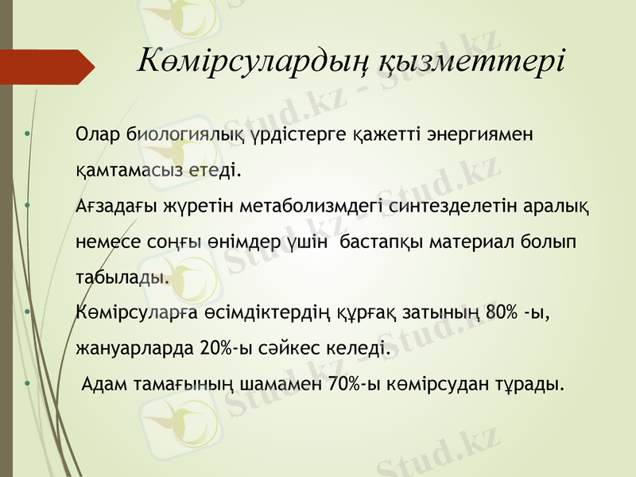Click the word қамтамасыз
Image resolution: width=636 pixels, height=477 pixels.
(x=130, y=169)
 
